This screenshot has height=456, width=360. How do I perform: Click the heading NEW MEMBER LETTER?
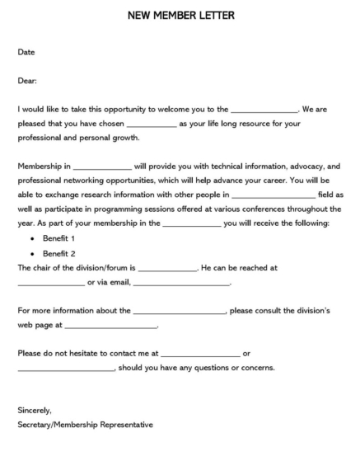coord(180,14)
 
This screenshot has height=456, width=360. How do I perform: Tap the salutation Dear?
coord(27,81)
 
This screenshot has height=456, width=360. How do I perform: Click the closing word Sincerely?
coord(35,410)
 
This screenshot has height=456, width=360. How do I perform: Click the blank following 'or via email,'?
coord(180,284)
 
